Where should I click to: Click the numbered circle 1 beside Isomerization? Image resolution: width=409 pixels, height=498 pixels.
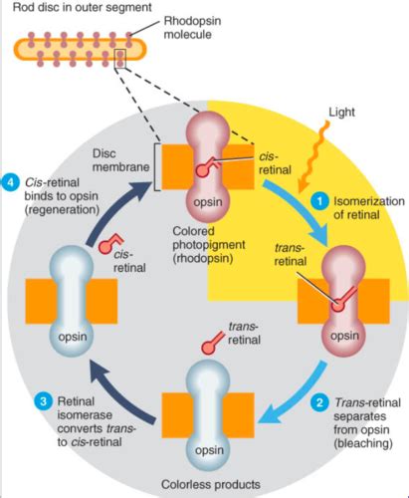319,201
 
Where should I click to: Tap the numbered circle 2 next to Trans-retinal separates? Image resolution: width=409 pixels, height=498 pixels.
319,402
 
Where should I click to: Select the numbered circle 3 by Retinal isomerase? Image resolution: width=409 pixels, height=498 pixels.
44,401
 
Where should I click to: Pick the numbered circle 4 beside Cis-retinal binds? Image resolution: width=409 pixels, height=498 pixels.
11,182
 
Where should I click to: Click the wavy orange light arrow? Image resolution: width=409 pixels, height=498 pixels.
313,157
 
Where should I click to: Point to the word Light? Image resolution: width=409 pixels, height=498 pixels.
341,113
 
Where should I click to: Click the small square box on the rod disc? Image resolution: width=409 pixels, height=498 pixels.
119,59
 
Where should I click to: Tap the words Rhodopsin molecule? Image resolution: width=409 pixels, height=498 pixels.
192,28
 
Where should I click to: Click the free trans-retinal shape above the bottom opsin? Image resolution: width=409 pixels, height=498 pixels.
214,343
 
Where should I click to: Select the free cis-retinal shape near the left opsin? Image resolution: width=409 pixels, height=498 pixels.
110,243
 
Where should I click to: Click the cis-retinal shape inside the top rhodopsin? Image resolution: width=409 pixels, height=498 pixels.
206,166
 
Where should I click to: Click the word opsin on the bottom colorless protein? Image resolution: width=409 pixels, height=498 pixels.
209,450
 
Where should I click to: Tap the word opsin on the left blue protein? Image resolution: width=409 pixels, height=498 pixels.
73,337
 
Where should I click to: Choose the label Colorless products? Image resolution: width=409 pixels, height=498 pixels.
211,484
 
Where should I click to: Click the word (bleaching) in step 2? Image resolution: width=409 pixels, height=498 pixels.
363,443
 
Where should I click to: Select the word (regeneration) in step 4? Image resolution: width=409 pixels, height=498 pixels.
62,210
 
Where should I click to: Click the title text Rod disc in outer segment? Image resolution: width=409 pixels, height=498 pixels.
83,7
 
